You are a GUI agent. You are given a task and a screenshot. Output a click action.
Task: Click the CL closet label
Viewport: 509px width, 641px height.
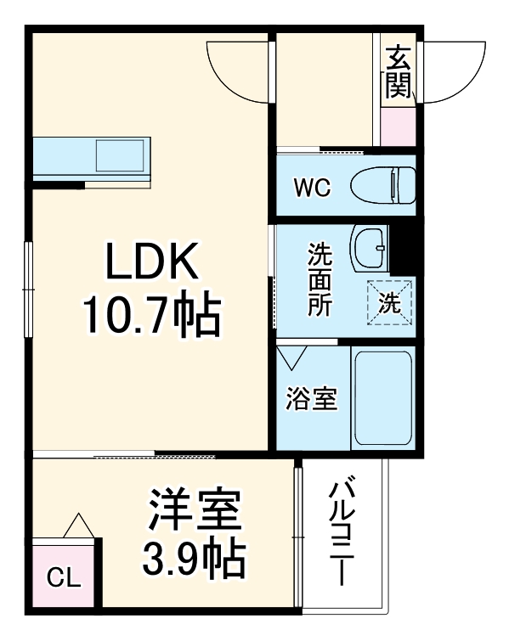[64, 580]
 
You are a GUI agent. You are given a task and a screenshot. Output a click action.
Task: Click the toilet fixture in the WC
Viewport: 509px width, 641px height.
[382, 185]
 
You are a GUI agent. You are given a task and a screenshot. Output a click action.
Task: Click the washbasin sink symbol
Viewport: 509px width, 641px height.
[369, 246]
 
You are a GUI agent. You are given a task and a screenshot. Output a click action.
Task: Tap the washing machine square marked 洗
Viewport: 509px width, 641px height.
[389, 302]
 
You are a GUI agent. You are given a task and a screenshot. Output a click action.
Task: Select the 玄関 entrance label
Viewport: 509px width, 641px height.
[397, 71]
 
